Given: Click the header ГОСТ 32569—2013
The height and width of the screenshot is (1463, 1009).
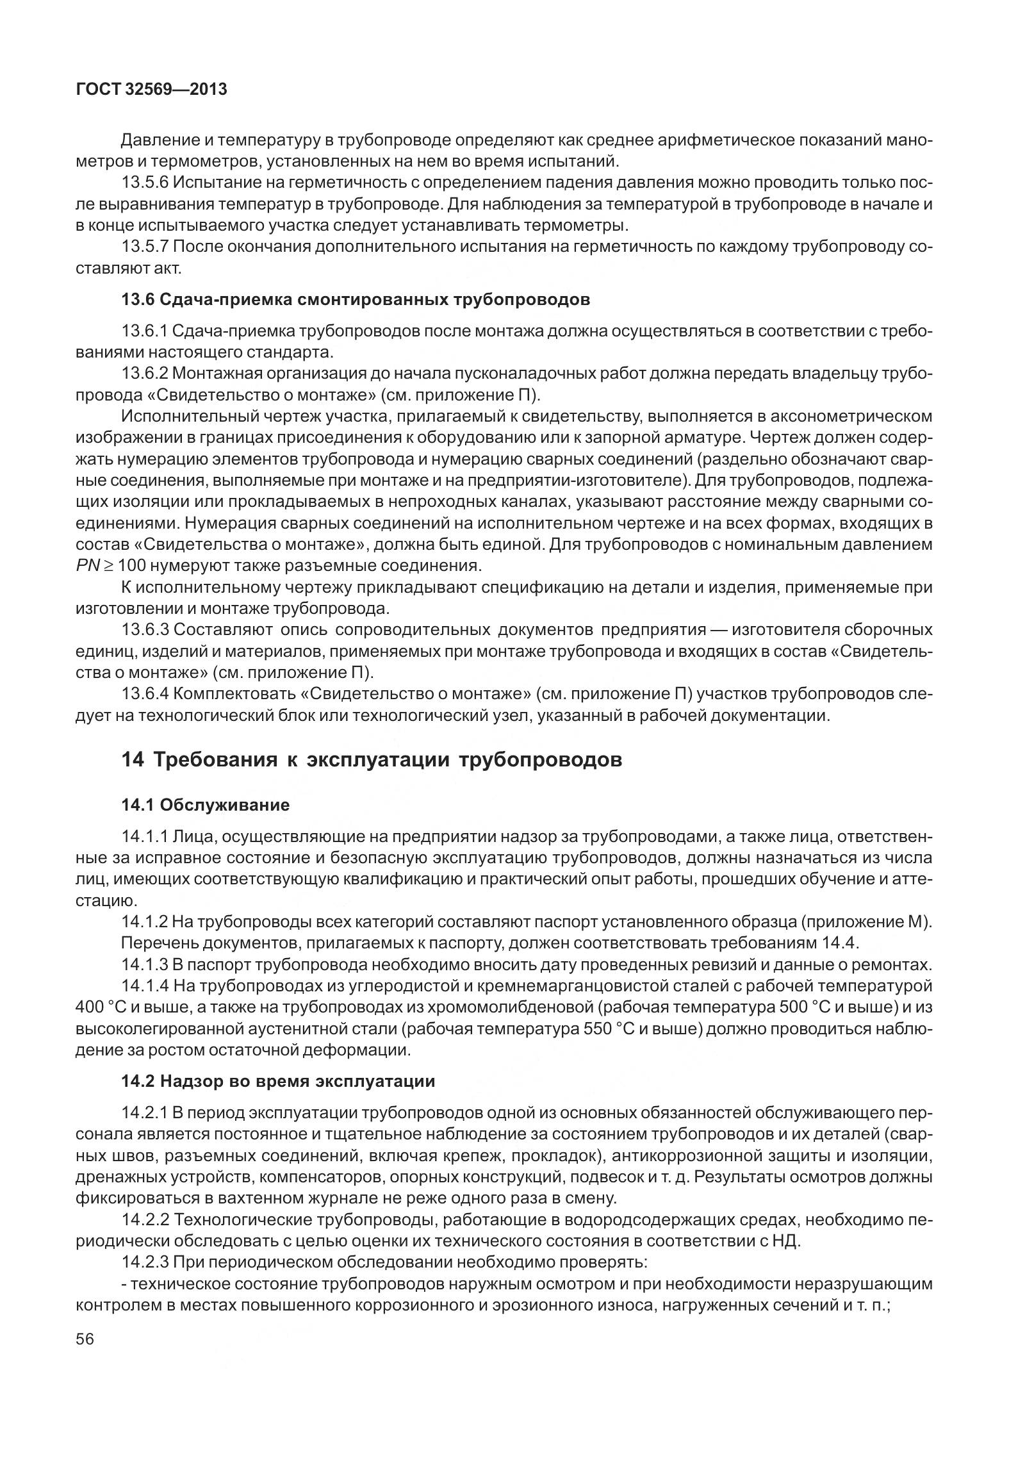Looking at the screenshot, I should (151, 90).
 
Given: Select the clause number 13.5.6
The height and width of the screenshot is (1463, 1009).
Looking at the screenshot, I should (145, 183).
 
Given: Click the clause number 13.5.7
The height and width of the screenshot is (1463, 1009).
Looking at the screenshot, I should (145, 246).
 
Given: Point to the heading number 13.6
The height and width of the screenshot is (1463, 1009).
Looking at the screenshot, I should (138, 299).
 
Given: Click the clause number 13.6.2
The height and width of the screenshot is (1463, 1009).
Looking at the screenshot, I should (145, 374).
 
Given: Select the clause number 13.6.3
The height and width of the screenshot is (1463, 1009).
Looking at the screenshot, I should (145, 630).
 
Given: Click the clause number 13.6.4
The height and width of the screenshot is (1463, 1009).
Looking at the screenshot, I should (145, 693).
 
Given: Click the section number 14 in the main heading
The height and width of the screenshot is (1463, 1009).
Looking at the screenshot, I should (133, 760).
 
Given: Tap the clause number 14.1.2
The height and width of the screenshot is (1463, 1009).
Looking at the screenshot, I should (145, 922).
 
